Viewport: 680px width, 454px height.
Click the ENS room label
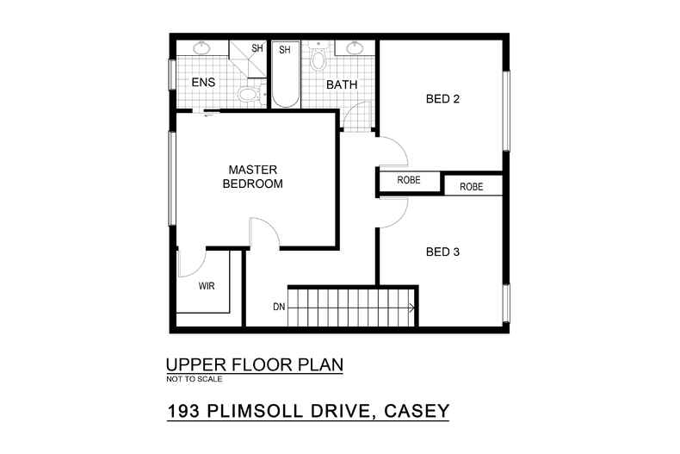[203, 84]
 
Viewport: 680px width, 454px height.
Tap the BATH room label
[341, 84]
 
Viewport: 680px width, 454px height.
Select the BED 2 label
[442, 99]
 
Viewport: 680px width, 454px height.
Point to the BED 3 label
[442, 252]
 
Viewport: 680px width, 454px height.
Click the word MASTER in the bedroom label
[252, 170]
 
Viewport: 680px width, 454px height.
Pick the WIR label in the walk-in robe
[207, 285]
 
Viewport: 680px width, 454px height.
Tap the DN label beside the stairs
[279, 307]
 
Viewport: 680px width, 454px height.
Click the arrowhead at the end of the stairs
[413, 307]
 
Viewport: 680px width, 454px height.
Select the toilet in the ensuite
[248, 93]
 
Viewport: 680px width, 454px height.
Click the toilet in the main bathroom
[317, 59]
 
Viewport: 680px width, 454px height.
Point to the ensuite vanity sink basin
[201, 48]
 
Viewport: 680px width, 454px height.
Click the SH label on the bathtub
[285, 51]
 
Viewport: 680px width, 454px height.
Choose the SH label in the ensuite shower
[257, 49]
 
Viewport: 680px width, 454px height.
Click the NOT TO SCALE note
[194, 379]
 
